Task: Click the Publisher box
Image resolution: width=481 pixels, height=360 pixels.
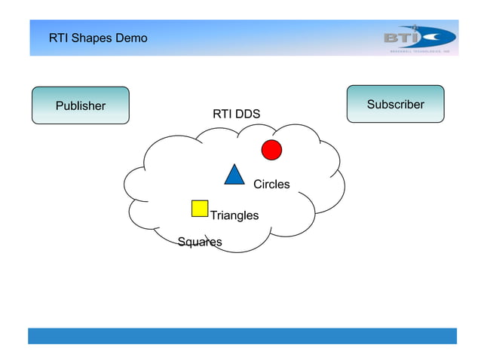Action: [80, 105]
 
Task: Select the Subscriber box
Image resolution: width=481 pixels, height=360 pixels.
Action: [395, 104]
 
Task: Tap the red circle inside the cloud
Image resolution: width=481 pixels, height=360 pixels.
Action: [271, 150]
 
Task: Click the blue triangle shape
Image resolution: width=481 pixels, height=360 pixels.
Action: [234, 175]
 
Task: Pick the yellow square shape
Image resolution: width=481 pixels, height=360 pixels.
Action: [200, 208]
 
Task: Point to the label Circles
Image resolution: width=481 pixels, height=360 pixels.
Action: [271, 185]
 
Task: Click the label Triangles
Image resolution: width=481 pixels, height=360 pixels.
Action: [234, 215]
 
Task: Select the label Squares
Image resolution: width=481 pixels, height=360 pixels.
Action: [200, 242]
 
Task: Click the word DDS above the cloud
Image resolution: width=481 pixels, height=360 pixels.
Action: [247, 114]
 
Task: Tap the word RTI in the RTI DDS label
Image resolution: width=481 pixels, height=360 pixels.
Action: [222, 114]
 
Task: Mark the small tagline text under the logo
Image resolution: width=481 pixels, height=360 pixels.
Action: [418, 52]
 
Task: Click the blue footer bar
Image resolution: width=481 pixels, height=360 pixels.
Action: [242, 336]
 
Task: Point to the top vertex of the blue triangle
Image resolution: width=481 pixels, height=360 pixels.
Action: [234, 165]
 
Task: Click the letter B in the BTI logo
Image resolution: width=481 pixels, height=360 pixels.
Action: [392, 37]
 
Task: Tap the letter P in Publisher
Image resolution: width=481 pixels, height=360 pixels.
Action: [60, 106]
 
